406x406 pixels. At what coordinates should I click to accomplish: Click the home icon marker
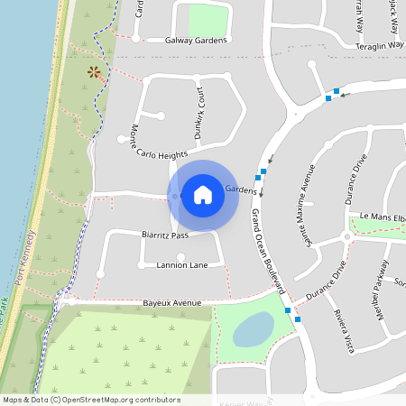(203, 194)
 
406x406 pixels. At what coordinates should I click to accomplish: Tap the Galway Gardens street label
(196, 41)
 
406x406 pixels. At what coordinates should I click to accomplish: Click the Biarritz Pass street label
(164, 235)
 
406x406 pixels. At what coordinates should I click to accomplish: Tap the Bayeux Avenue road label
(171, 304)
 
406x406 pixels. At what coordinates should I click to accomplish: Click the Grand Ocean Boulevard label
(268, 252)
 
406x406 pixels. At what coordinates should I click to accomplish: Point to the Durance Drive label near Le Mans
(355, 181)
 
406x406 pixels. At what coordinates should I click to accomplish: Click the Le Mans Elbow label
(382, 217)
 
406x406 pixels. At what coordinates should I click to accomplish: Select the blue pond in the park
(254, 329)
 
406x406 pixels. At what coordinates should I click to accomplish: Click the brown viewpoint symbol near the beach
(94, 72)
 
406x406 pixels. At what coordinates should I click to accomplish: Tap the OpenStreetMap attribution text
(91, 399)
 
